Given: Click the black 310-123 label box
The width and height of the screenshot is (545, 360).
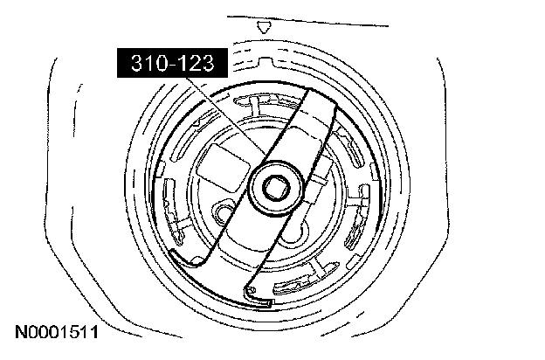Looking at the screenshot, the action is point(172,63).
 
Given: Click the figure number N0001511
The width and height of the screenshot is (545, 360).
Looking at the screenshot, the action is point(57,332).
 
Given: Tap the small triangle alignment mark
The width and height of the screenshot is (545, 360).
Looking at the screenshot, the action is point(264,27).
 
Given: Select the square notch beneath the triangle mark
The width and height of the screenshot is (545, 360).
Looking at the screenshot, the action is point(266,61).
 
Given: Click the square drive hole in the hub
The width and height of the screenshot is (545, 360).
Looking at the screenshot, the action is point(276,188).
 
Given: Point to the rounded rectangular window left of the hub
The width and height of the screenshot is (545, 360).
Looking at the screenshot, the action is point(223,168).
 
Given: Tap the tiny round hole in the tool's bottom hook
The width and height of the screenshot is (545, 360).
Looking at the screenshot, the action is point(252,289).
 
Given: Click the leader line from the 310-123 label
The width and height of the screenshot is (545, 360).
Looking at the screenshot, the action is point(225,116).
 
